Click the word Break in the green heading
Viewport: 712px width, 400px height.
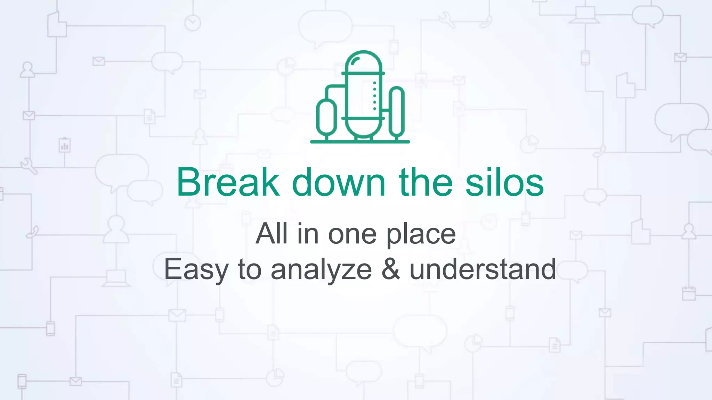pyautogui.click(x=228, y=182)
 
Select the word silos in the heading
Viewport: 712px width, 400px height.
pyautogui.click(x=504, y=182)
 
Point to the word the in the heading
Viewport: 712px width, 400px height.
pyautogui.click(x=426, y=182)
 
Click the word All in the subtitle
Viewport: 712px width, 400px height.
pyautogui.click(x=272, y=234)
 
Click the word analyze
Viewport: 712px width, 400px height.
pyautogui.click(x=321, y=270)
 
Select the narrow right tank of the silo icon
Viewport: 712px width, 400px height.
pyautogui.click(x=396, y=111)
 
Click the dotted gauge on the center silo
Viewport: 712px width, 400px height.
pyautogui.click(x=374, y=96)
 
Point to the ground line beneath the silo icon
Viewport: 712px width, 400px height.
pyautogui.click(x=360, y=142)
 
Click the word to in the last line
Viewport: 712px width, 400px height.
pyautogui.click(x=250, y=269)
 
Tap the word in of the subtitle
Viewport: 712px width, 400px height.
pyautogui.click(x=308, y=234)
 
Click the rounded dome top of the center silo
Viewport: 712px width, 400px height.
pyautogui.click(x=363, y=61)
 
